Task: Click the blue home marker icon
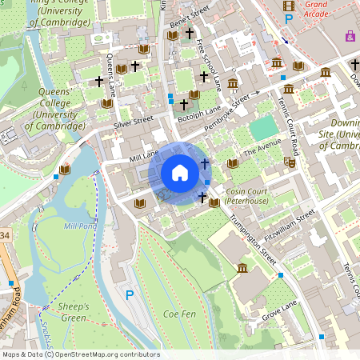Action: (180, 172)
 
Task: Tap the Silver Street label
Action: (133, 122)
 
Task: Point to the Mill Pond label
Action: (79, 226)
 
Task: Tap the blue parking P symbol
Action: (130, 295)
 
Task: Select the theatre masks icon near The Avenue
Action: (290, 162)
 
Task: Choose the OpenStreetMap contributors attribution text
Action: (80, 354)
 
